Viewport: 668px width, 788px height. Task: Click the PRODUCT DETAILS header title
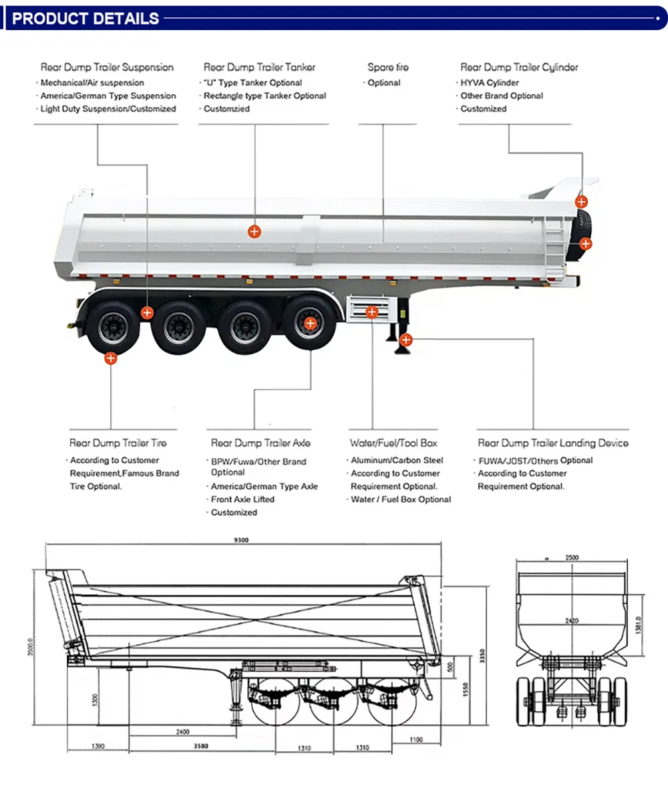pyautogui.click(x=86, y=18)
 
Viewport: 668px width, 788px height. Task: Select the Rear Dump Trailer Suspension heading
pyautogui.click(x=107, y=68)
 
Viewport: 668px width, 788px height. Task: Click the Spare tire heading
pyautogui.click(x=387, y=68)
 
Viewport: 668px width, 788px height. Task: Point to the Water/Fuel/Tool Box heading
pyautogui.click(x=393, y=443)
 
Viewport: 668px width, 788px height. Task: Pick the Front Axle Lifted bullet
pyautogui.click(x=242, y=499)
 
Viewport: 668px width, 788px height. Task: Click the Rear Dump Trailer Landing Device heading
pyautogui.click(x=552, y=443)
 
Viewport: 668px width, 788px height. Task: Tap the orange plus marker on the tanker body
pyautogui.click(x=255, y=231)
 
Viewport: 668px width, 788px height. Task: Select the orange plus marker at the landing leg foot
pyautogui.click(x=405, y=340)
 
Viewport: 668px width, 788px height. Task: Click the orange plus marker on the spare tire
pyautogui.click(x=585, y=243)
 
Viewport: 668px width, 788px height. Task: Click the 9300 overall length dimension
pyautogui.click(x=241, y=541)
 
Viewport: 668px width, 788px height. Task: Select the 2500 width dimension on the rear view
pyautogui.click(x=572, y=557)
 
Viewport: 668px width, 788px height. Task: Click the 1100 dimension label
pyautogui.click(x=417, y=739)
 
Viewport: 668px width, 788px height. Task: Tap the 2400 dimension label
pyautogui.click(x=182, y=732)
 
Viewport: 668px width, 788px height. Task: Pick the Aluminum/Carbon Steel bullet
pyautogui.click(x=397, y=461)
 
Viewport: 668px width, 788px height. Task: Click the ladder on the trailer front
pyautogui.click(x=553, y=251)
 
